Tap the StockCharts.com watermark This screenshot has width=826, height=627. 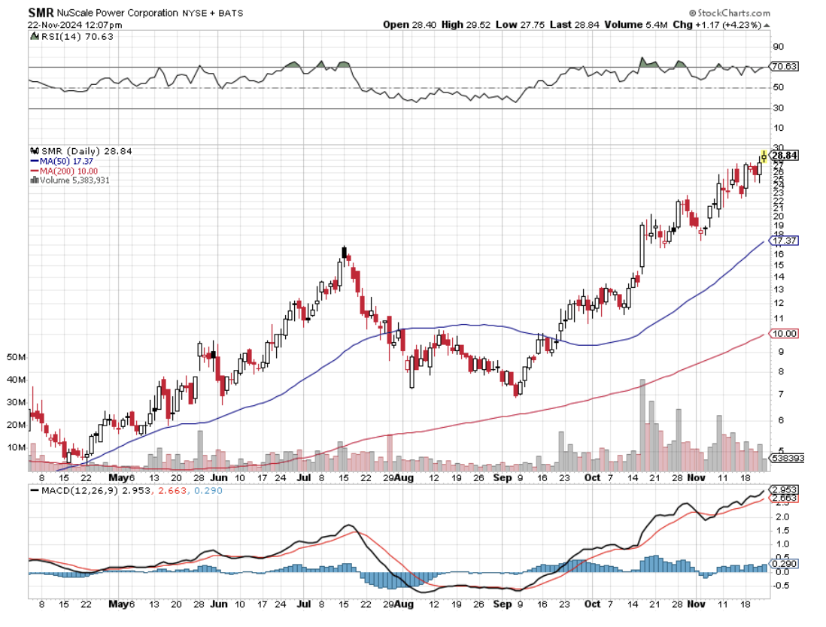[x=730, y=13]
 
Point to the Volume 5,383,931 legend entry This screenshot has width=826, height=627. [x=72, y=180]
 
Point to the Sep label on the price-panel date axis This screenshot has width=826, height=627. [x=503, y=477]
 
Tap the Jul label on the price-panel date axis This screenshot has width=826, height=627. [x=304, y=477]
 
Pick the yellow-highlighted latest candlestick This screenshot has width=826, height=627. [x=764, y=156]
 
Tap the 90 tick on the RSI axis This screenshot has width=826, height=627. [x=776, y=47]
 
